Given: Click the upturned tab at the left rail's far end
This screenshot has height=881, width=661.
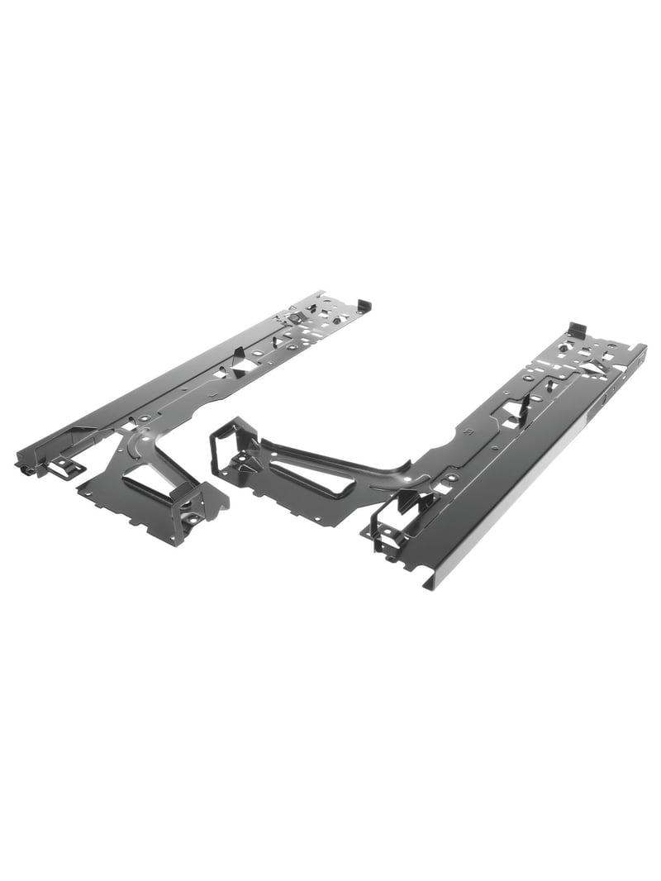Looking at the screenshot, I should pyautogui.click(x=364, y=304).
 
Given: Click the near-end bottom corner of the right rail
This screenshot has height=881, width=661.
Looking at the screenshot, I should pyautogui.click(x=427, y=586).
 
